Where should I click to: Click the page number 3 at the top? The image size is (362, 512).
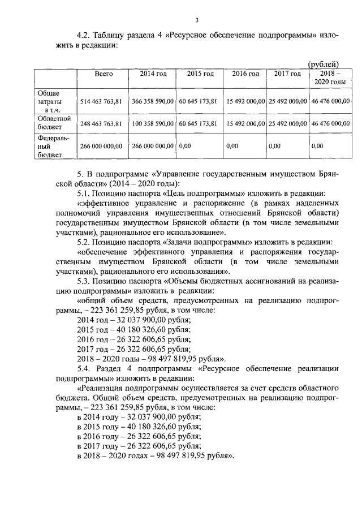[x=197, y=21]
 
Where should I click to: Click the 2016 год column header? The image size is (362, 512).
[x=245, y=74]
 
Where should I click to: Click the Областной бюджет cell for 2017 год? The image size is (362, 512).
[x=287, y=123]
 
